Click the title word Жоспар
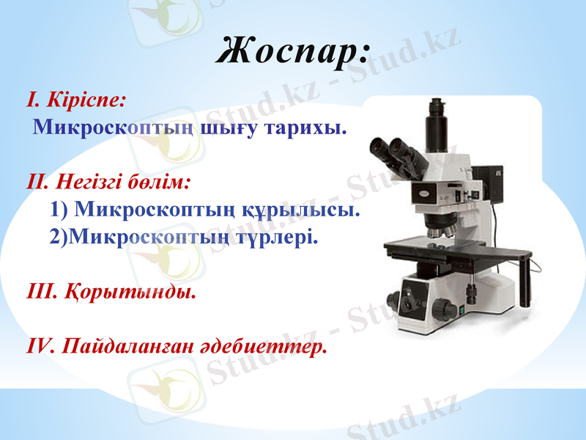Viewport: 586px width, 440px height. coord(294,51)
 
